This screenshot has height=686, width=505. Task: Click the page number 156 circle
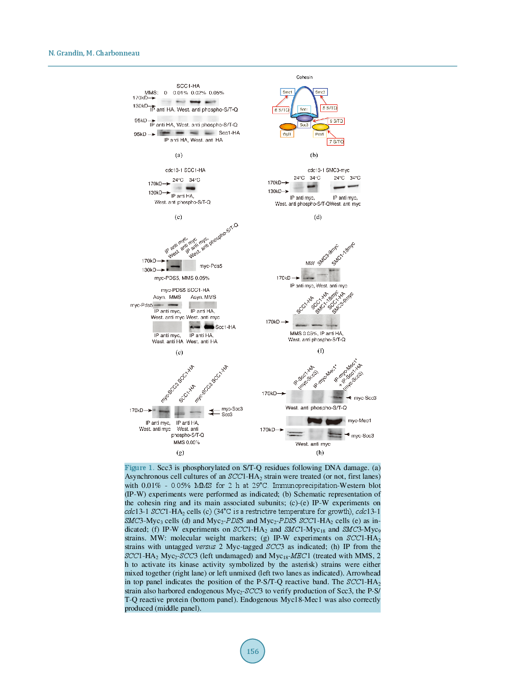tap(252, 651)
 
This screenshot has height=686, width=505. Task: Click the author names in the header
tap(94, 53)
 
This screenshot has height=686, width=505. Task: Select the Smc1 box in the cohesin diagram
tap(287, 92)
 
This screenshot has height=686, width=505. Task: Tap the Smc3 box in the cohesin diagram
tap(320, 92)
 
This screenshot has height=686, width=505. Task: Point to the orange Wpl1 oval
tap(288, 126)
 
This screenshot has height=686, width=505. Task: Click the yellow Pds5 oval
tap(320, 127)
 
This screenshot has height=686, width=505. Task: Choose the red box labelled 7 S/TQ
tap(335, 142)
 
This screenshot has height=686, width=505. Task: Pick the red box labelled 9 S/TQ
tap(336, 121)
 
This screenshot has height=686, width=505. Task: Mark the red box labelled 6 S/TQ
tap(282, 110)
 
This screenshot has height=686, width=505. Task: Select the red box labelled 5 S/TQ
tap(329, 108)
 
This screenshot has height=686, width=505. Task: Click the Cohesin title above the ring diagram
tap(304, 77)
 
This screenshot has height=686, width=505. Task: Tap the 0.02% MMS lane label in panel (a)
tap(198, 93)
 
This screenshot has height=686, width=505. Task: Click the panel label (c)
tap(178, 217)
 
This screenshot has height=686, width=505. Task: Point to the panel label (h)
tap(320, 452)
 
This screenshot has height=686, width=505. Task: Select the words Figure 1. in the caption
tap(139, 468)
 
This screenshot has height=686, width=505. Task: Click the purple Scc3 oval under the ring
tap(304, 118)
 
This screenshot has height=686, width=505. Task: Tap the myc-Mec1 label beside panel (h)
tap(359, 421)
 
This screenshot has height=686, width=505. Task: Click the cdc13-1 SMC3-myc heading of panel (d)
tap(328, 170)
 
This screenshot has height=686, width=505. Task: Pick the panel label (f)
tap(321, 350)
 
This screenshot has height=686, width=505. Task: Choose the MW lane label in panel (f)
tap(310, 263)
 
